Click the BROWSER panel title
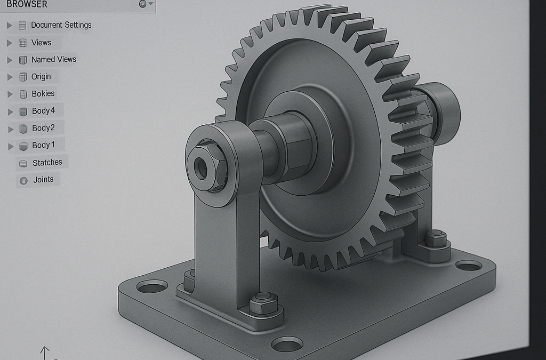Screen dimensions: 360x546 coord(27,4)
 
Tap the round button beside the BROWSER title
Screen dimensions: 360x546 coord(142,4)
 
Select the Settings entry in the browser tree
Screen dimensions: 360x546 coord(61,25)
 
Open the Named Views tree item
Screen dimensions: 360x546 coord(53,59)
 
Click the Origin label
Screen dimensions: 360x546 coord(41,76)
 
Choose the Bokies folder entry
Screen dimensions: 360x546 coord(43,93)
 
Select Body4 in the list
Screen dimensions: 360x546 coord(43,111)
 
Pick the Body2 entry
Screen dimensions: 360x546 coord(43,128)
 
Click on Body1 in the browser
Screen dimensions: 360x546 coord(43,145)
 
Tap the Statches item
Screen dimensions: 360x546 coord(47,162)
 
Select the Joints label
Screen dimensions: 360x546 coord(43,179)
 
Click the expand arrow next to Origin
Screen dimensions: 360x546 coord(10,77)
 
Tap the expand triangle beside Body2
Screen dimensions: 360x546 coord(10,129)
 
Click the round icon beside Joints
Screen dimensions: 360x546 coord(23,180)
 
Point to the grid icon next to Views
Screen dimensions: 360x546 coord(22,43)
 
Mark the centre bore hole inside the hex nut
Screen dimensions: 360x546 coord(202,169)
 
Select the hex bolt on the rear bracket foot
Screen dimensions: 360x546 coord(436,238)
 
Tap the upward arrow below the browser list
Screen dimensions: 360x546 coord(45,352)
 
